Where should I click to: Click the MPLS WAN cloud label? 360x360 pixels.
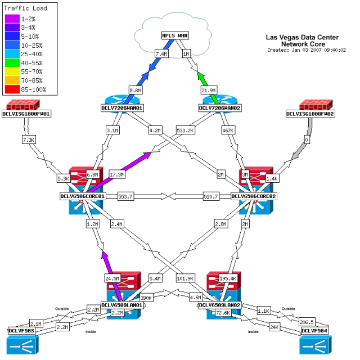coord(174,35)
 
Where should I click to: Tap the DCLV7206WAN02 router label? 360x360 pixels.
coord(220,107)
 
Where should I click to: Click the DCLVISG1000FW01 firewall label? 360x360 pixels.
coord(26,114)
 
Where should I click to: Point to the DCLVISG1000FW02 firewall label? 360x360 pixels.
coord(310,114)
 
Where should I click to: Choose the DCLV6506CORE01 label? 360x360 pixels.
coord(83,196)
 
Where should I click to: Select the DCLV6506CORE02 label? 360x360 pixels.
coord(255,196)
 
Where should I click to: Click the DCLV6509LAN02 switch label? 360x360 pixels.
coord(219,305)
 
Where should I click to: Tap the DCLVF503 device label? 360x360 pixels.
coord(21,331)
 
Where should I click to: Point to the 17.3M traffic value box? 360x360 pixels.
coord(117,175)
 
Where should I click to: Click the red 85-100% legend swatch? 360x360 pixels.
coord(12,89)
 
